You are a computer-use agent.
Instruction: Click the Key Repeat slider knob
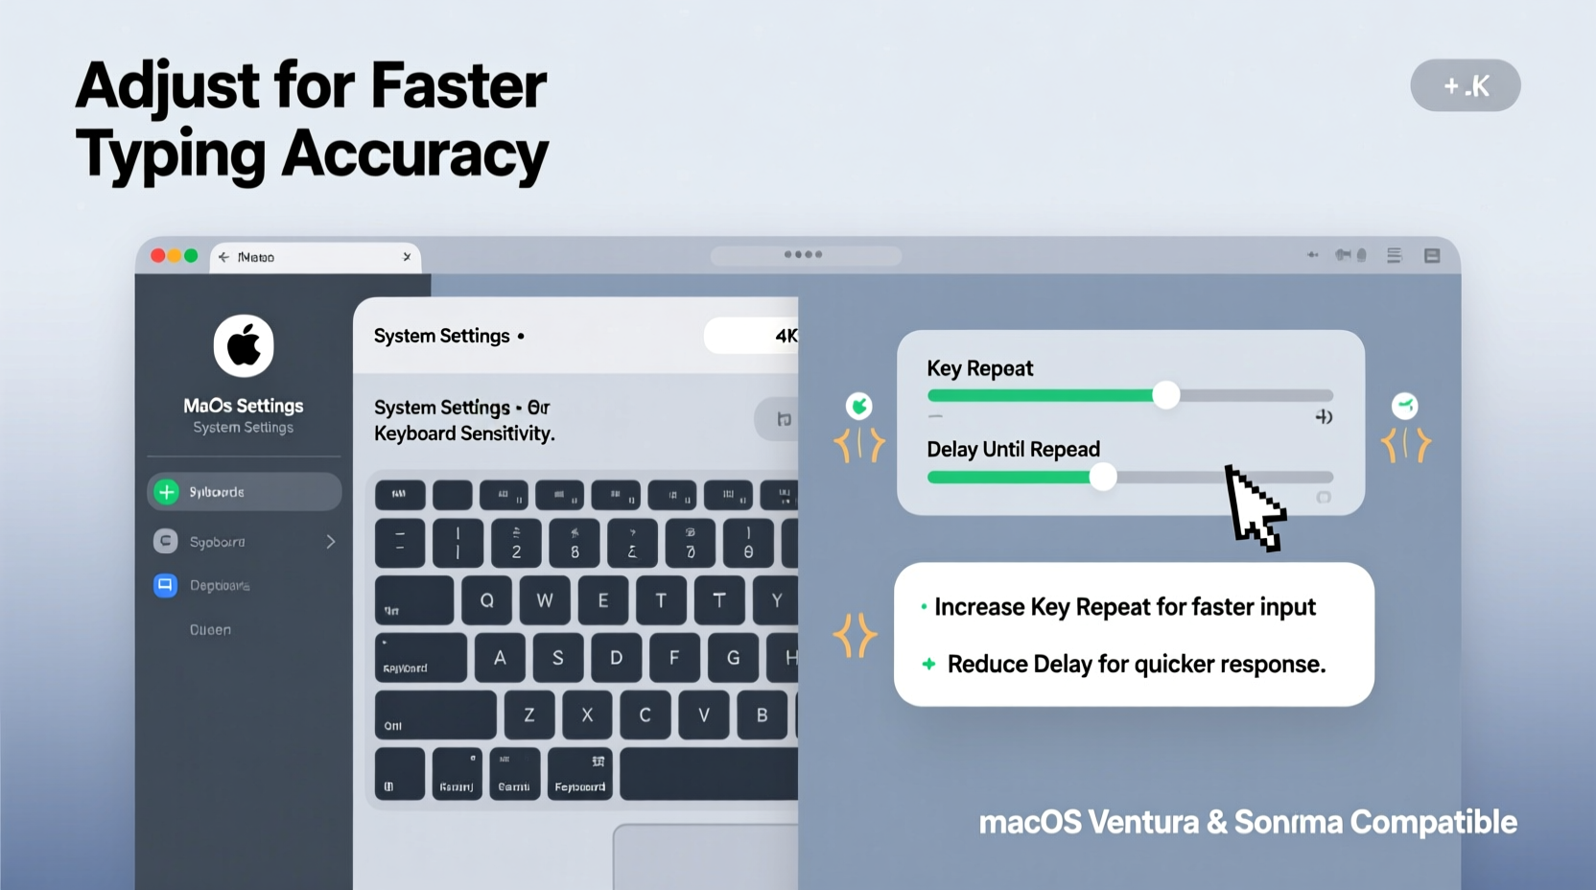point(1165,394)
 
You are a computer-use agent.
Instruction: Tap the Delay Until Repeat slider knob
point(1103,476)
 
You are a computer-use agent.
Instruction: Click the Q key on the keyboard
point(486,600)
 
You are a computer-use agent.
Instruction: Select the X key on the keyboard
point(587,714)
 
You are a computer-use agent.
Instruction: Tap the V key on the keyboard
point(704,714)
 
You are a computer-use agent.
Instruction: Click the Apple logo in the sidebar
point(244,345)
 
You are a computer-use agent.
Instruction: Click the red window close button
point(158,256)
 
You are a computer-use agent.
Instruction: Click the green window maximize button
point(191,256)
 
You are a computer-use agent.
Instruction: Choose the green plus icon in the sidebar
point(167,492)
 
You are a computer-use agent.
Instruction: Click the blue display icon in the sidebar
point(165,585)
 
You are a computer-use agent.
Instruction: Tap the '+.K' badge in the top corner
point(1465,85)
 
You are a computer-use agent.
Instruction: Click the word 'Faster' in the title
point(458,85)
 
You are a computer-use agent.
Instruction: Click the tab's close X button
point(407,257)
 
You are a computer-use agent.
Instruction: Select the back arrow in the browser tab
point(223,257)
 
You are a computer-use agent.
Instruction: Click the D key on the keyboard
point(616,658)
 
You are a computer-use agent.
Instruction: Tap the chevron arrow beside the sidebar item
point(331,542)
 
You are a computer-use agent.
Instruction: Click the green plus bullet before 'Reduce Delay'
point(928,664)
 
